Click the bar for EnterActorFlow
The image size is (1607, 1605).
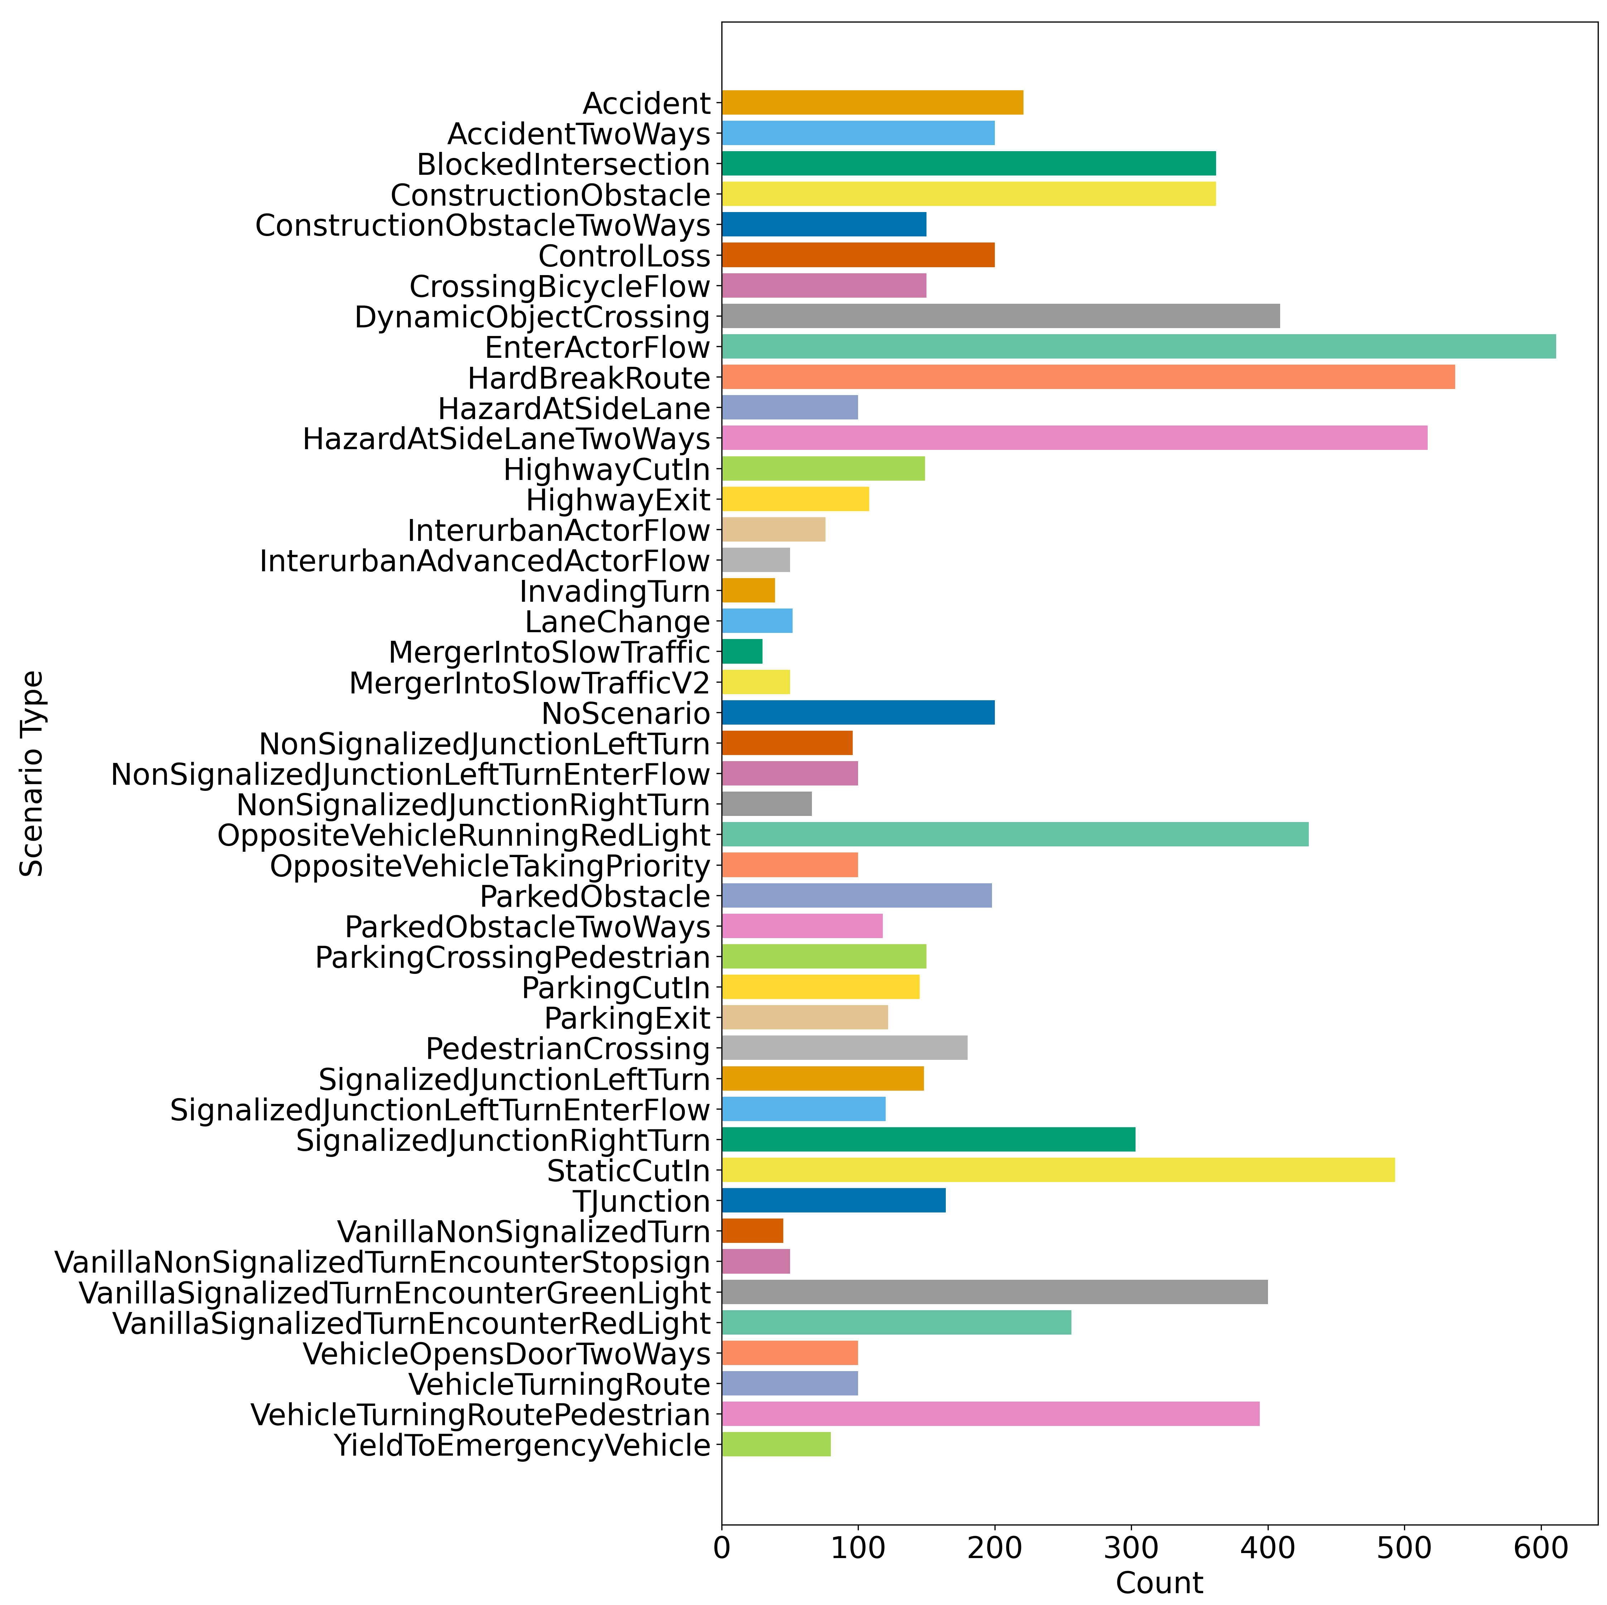[x=1139, y=347]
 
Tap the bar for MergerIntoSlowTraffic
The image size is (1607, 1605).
[x=742, y=652]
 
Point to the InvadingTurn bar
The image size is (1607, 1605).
[x=749, y=591]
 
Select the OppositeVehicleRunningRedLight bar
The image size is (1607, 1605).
[x=1015, y=835]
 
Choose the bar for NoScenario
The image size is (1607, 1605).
[x=858, y=713]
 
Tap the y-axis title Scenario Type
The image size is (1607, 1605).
[x=32, y=774]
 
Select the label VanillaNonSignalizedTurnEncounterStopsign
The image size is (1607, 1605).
[x=383, y=1262]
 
